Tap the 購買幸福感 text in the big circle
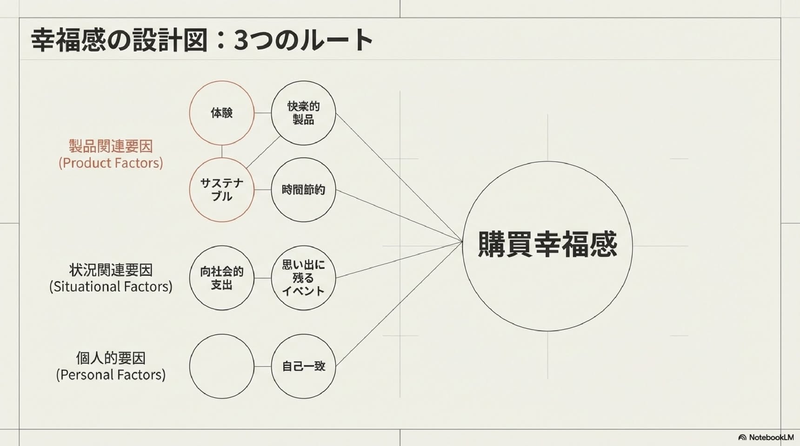(x=547, y=244)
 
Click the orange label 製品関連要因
(x=111, y=146)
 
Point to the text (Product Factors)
(x=111, y=163)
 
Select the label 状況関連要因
(x=111, y=270)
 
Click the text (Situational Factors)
(x=111, y=287)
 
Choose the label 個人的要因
(x=111, y=358)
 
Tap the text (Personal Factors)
(x=111, y=375)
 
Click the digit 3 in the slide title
(x=241, y=40)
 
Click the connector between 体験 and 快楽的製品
(x=263, y=113)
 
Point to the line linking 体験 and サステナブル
(x=222, y=151)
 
